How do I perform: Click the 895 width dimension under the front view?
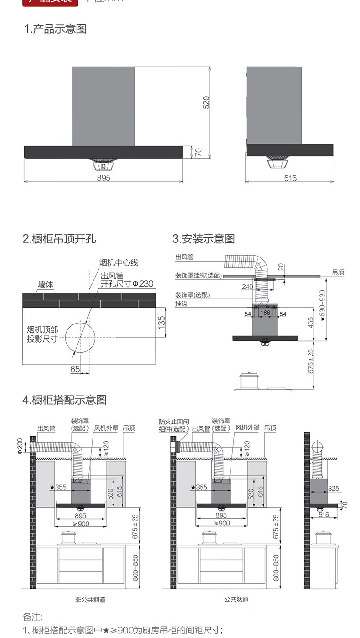click(103, 178)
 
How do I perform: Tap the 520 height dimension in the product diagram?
click(206, 102)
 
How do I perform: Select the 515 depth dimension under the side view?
click(290, 178)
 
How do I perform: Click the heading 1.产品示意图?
click(55, 30)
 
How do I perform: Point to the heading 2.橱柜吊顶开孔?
click(59, 239)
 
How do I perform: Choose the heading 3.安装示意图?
click(203, 239)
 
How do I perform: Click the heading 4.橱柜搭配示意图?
click(64, 400)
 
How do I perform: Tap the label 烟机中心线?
click(118, 263)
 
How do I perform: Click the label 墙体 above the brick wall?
click(46, 285)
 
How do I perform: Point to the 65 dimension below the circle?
click(75, 369)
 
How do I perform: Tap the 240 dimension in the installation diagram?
click(248, 287)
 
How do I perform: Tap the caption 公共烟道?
click(237, 600)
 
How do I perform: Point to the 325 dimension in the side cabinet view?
click(334, 489)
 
